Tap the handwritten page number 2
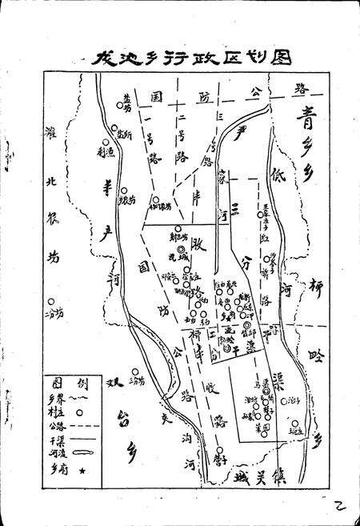pyautogui.click(x=338, y=503)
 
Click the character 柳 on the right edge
pyautogui.click(x=316, y=289)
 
